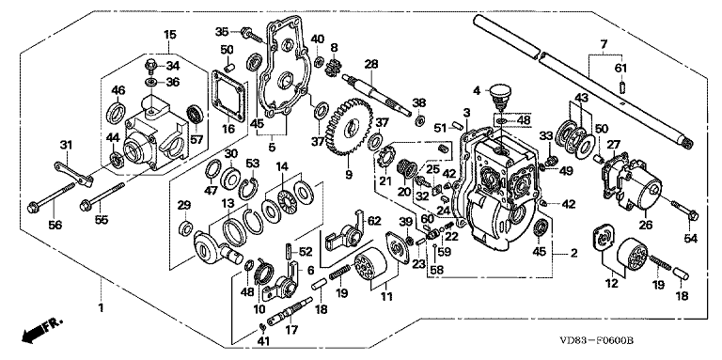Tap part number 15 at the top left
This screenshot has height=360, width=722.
(x=169, y=34)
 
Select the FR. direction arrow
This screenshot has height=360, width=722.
(x=41, y=331)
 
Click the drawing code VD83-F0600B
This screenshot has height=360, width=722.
(x=596, y=341)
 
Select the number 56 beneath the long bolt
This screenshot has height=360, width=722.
(x=55, y=225)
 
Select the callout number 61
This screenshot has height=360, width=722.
(x=620, y=68)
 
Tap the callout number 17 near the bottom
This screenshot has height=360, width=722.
(x=291, y=330)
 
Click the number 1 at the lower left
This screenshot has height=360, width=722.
(x=101, y=307)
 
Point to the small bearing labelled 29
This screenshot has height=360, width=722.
(x=185, y=227)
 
